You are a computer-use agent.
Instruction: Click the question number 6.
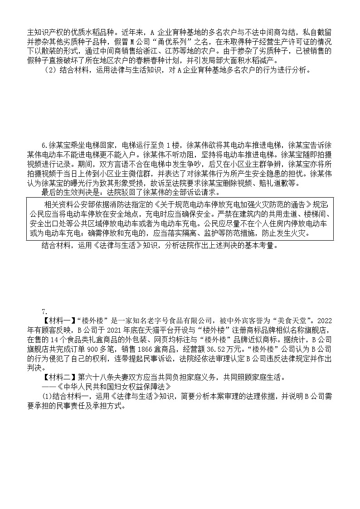(44, 145)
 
